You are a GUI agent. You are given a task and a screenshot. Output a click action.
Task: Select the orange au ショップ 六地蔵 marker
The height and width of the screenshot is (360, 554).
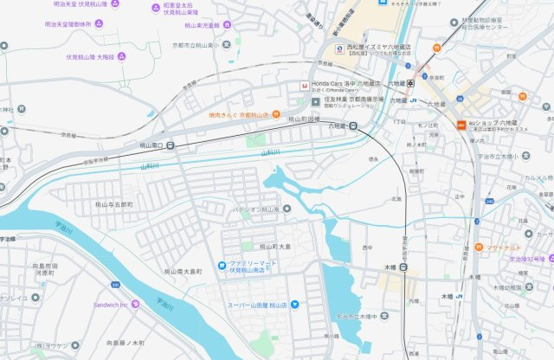[461, 124]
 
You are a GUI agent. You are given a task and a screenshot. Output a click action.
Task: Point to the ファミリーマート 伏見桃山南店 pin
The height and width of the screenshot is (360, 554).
[222, 265]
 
